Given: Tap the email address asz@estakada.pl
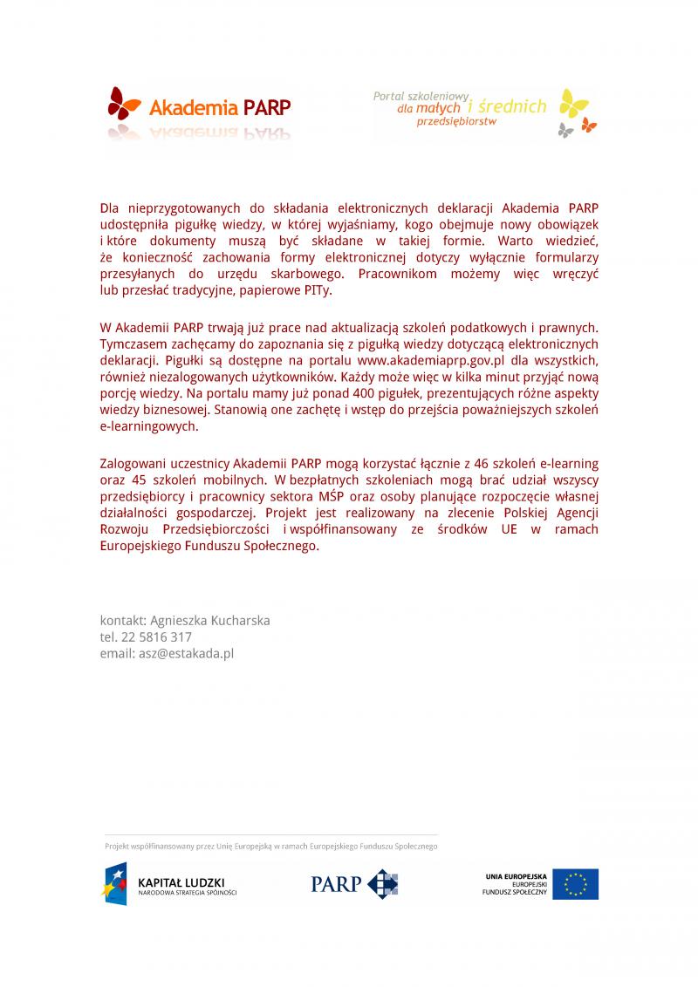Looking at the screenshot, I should [x=184, y=653].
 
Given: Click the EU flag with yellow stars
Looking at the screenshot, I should [x=575, y=883].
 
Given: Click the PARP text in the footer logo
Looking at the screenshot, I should [x=336, y=884].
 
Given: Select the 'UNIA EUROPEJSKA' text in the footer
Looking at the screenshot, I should [x=517, y=875].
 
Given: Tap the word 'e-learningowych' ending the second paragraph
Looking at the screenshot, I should [x=149, y=427].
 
